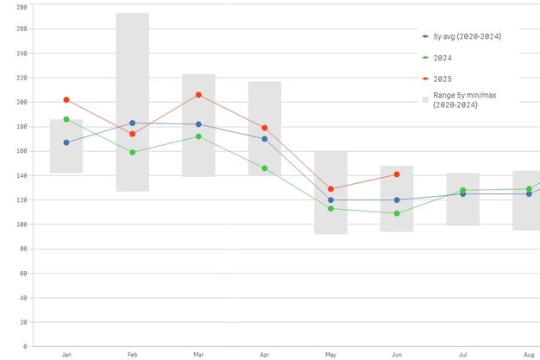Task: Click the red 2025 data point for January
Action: [x=66, y=100]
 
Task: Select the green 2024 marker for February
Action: [x=132, y=152]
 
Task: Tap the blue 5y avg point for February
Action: [x=132, y=123]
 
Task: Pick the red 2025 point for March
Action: [x=198, y=95]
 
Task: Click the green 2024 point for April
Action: [x=265, y=168]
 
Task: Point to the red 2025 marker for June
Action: [x=397, y=174]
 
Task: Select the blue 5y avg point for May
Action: [x=330, y=200]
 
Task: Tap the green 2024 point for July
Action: [x=462, y=190]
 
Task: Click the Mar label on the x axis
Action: [x=198, y=355]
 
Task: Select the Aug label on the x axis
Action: [x=528, y=355]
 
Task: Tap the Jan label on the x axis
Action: [x=66, y=355]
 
